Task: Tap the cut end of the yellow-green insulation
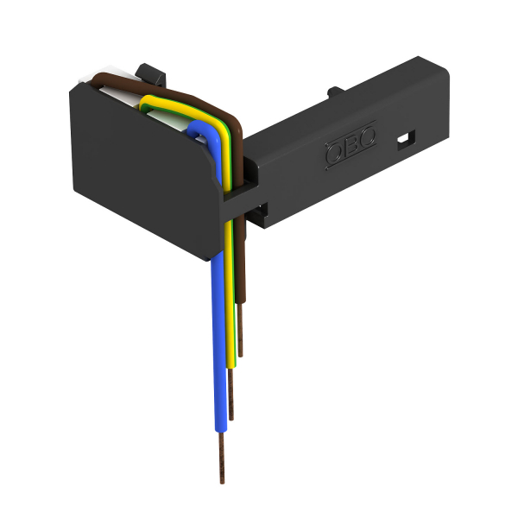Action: click(233, 367)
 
